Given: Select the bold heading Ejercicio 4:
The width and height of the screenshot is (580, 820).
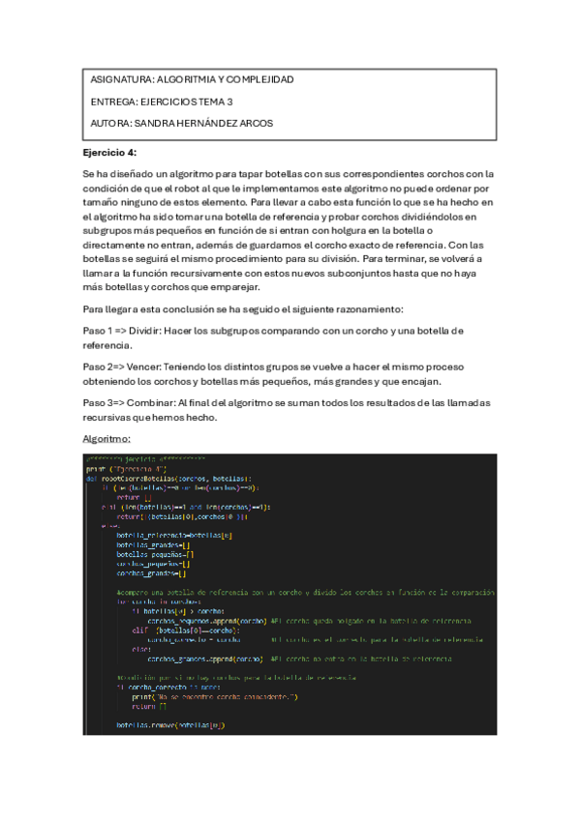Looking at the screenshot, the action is (110, 152).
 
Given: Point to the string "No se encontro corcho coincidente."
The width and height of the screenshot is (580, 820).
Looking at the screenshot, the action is (219, 696).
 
